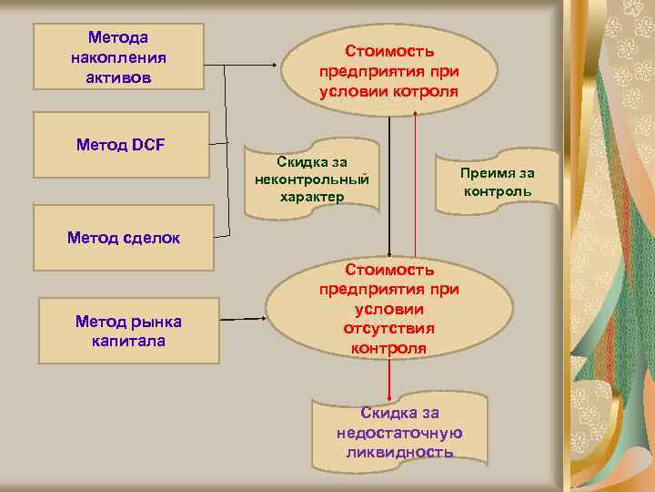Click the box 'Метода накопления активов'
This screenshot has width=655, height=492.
[x=118, y=57]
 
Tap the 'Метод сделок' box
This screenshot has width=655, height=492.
[x=123, y=238]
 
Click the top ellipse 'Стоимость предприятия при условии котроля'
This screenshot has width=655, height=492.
[x=388, y=71]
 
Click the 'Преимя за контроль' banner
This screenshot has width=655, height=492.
[x=498, y=181]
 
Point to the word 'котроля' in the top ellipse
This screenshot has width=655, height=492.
[x=425, y=91]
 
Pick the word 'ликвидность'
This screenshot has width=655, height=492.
[x=399, y=452]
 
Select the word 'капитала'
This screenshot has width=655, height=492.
[x=128, y=341]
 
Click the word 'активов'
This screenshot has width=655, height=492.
[x=118, y=77]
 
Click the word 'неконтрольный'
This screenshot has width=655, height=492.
[x=312, y=179]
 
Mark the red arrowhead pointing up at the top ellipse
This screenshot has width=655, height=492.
[x=416, y=113]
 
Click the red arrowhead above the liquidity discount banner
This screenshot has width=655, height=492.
[x=389, y=396]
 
